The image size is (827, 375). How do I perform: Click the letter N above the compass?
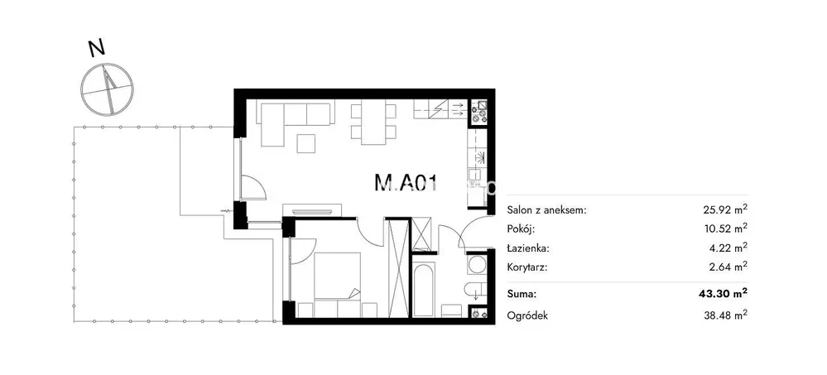click(96, 48)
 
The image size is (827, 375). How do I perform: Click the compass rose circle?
click(107, 89)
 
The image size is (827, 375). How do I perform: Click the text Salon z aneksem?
click(546, 210)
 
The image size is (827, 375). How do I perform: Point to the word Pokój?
click(521, 229)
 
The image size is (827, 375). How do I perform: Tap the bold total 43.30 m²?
click(728, 293)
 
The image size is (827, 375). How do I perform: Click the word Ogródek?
click(527, 316)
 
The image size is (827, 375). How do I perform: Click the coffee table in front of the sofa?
click(306, 143)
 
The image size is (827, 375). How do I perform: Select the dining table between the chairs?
click(373, 123)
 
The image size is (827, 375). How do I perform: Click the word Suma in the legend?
click(520, 293)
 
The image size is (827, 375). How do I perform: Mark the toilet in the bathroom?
click(474, 290)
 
